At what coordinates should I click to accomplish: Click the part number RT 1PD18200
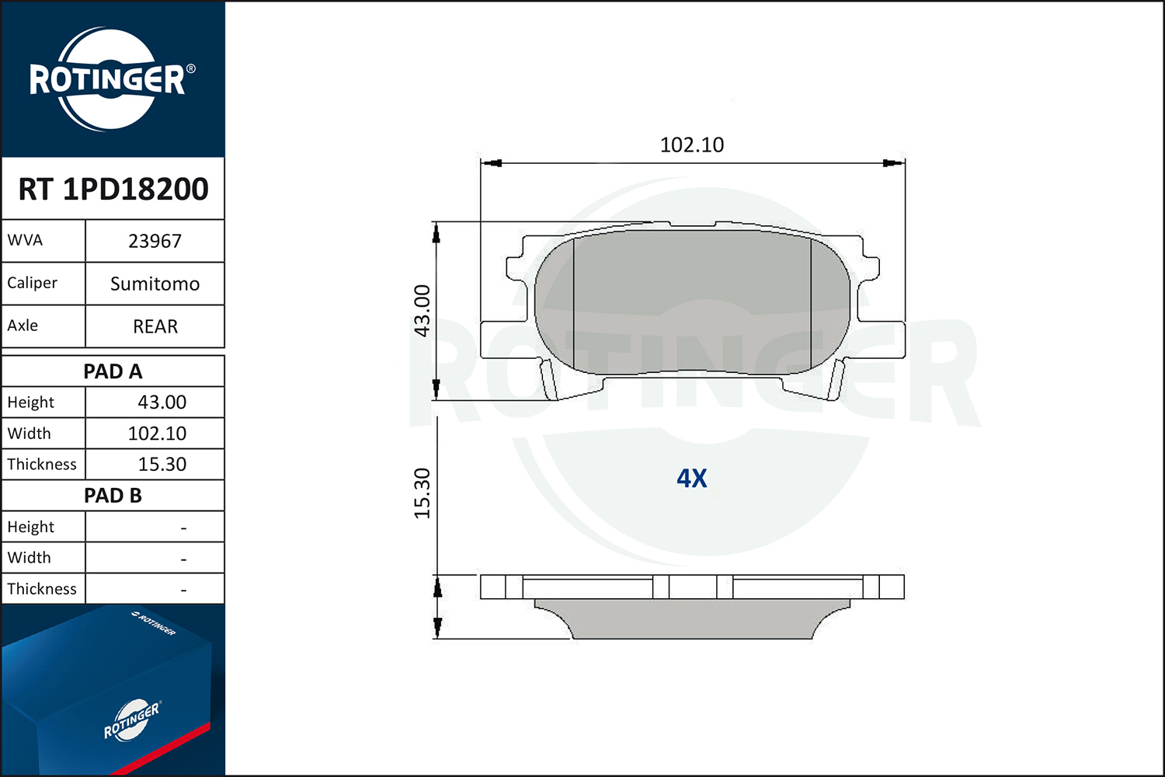coord(113,189)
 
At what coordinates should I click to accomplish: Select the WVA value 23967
coord(155,242)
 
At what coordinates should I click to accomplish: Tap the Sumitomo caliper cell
coord(155,284)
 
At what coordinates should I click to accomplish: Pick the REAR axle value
coord(155,327)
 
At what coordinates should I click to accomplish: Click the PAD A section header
coord(113,371)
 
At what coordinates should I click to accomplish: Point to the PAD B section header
coord(113,496)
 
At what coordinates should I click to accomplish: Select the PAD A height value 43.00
coord(162,402)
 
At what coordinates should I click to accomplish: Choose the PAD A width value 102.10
coord(157,434)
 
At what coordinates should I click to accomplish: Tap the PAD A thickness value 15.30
coord(162,464)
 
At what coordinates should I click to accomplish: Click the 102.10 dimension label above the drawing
coord(692,145)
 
